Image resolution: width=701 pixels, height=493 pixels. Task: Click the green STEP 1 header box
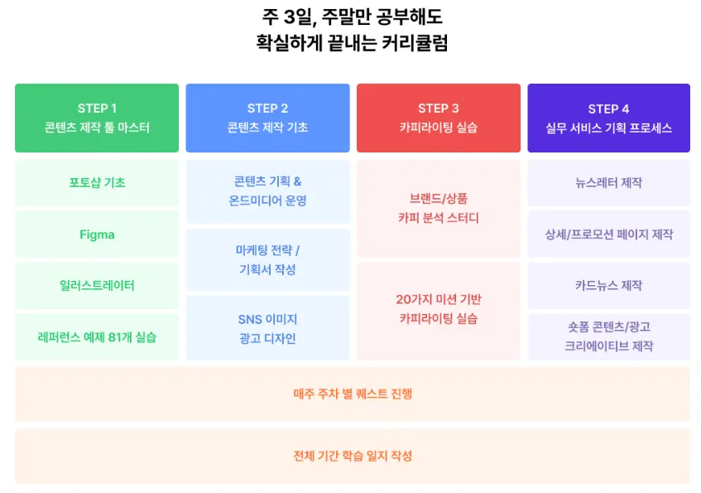[97, 118]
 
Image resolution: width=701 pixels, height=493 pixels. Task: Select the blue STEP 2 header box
[267, 118]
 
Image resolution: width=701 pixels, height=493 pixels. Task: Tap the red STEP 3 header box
[438, 118]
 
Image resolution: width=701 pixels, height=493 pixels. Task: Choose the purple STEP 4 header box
[608, 118]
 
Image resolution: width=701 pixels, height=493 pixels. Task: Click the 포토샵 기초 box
[97, 183]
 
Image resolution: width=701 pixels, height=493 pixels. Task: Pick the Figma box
[97, 234]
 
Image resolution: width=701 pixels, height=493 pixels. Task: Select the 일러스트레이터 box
[97, 286]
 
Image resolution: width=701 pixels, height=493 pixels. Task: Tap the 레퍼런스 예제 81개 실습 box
[97, 337]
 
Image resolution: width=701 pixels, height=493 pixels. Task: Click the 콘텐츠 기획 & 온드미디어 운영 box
[267, 191]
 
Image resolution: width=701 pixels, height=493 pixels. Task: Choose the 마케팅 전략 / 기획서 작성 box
[267, 260]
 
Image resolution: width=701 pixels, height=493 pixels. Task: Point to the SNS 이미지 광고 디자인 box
[267, 328]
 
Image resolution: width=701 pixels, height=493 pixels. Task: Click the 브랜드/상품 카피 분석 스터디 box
[438, 209]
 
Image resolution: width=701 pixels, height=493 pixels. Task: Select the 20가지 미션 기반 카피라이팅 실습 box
[438, 310]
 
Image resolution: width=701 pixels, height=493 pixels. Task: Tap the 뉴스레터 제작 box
[608, 183]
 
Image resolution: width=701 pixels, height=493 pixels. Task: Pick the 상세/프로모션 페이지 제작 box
[608, 234]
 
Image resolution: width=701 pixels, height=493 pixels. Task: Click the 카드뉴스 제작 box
[608, 286]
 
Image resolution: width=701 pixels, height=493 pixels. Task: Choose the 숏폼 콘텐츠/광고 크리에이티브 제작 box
[608, 337]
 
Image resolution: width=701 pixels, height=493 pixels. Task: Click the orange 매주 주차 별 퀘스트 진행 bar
[353, 394]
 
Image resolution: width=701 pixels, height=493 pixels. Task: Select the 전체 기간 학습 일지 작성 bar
[353, 456]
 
